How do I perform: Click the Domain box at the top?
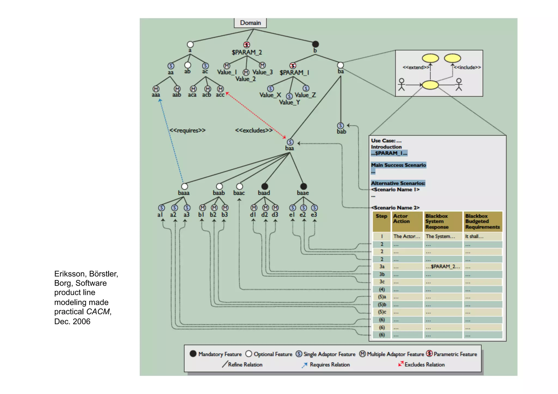pyautogui.click(x=250, y=23)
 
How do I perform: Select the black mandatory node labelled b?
pyautogui.click(x=315, y=44)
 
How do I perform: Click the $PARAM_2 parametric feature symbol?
pyautogui.click(x=246, y=45)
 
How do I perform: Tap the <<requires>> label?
pyautogui.click(x=187, y=130)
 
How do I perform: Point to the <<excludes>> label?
pyautogui.click(x=254, y=130)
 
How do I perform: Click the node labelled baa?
pyautogui.click(x=290, y=142)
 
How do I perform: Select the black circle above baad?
pyautogui.click(x=265, y=186)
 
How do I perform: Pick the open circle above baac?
pyautogui.click(x=239, y=186)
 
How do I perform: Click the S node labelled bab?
pyautogui.click(x=340, y=126)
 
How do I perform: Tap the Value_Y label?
pyautogui.click(x=289, y=102)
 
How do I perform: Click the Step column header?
pyautogui.click(x=381, y=216)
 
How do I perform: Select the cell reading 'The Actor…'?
pyautogui.click(x=407, y=236)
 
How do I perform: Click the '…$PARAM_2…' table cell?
pyautogui.click(x=443, y=267)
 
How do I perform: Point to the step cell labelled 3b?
pyautogui.click(x=382, y=274)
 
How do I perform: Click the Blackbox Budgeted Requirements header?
pyautogui.click(x=482, y=221)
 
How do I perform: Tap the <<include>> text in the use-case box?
pyautogui.click(x=467, y=67)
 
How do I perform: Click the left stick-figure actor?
pyautogui.click(x=401, y=84)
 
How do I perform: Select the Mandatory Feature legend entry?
pyautogui.click(x=216, y=354)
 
